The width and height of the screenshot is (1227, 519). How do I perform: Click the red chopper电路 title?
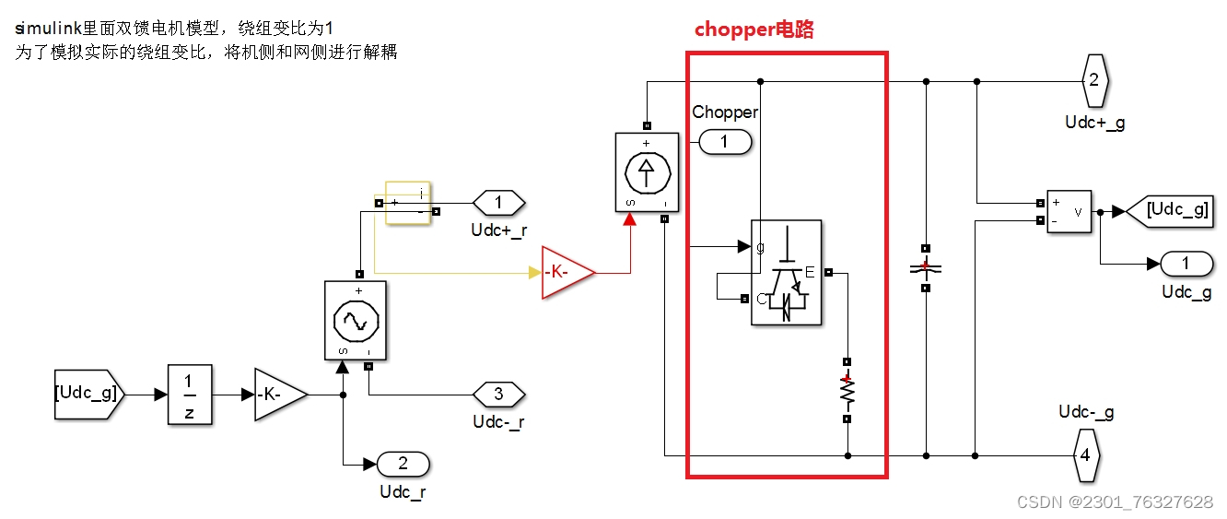click(754, 29)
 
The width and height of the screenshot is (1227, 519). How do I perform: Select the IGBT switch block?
click(786, 272)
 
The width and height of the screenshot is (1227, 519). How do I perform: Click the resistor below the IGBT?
click(847, 391)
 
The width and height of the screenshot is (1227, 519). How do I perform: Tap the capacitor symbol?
click(926, 267)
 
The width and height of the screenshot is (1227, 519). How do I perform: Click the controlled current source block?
click(647, 171)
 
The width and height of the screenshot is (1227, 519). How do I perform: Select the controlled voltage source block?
click(355, 321)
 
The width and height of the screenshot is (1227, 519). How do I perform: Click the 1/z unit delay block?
click(189, 395)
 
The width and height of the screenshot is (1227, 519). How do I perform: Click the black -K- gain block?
click(279, 395)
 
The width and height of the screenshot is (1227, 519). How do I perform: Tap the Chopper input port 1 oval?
click(725, 142)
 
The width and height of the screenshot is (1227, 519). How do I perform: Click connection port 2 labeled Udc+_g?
click(1093, 80)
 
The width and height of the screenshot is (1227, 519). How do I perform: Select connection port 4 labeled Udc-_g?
click(1085, 455)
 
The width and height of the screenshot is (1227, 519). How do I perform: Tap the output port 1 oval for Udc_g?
click(1186, 264)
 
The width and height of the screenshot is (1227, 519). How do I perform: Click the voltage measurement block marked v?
click(1069, 211)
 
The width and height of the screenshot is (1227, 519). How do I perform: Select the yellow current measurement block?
click(407, 203)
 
